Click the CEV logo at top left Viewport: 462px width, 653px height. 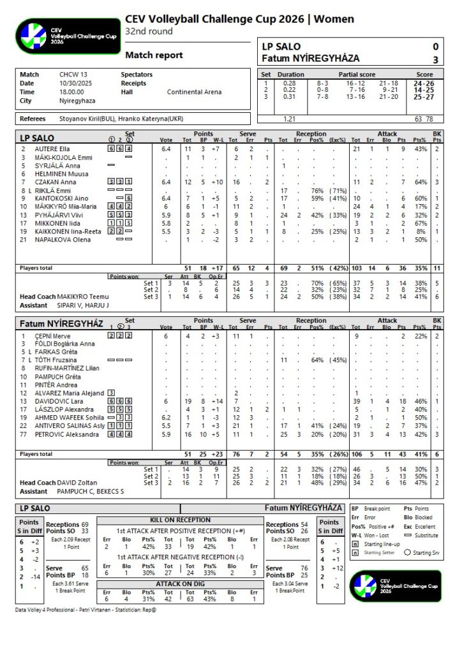click(x=68, y=35)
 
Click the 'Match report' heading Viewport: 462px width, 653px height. click(x=154, y=55)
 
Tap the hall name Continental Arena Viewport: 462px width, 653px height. click(x=195, y=92)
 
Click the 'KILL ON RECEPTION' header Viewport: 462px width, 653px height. click(x=180, y=520)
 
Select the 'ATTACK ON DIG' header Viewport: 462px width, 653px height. click(x=180, y=583)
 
